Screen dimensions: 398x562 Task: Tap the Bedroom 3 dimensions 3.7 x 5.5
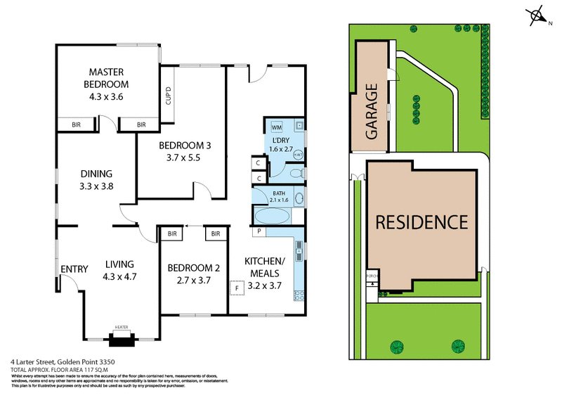coord(179,158)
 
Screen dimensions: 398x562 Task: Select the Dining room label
coord(97,174)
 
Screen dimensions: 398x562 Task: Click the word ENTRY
coord(73,269)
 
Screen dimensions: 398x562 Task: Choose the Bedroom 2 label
coord(193,268)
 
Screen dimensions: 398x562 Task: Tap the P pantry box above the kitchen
coord(259,231)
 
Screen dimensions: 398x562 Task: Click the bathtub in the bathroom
coord(270,215)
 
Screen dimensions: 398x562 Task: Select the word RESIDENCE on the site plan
coord(421,223)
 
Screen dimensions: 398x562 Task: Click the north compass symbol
coord(539,16)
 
